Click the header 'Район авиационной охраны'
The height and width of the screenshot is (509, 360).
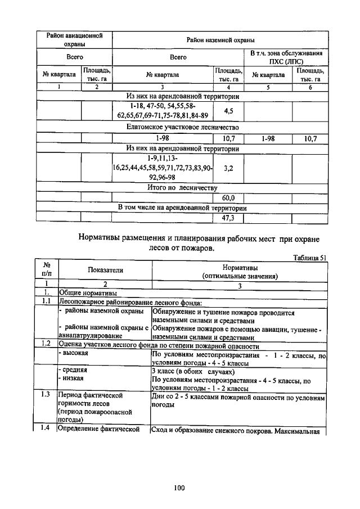tap(74, 40)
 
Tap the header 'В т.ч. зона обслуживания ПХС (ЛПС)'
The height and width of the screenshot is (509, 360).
tap(286, 57)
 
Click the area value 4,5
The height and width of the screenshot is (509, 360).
tap(228, 111)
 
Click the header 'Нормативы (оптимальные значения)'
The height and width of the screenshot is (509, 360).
tap(240, 272)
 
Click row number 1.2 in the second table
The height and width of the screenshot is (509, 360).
tap(47, 343)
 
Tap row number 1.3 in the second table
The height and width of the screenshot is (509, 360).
tap(47, 395)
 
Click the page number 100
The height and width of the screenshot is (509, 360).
tap(179, 488)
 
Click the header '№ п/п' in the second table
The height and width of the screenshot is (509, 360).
tap(47, 270)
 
